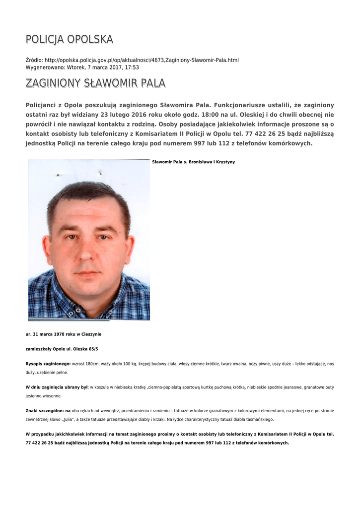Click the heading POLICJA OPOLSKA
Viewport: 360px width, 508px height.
pyautogui.click(x=70, y=39)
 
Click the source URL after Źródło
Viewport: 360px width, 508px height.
pyautogui.click(x=142, y=60)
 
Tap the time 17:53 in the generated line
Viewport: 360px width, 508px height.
pyautogui.click(x=132, y=67)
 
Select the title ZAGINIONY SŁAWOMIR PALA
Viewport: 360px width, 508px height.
pyautogui.click(x=95, y=83)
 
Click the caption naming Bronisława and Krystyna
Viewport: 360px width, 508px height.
pyautogui.click(x=193, y=162)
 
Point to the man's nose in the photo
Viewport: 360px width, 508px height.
pyautogui.click(x=88, y=251)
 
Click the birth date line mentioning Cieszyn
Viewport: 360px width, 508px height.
pyautogui.click(x=64, y=334)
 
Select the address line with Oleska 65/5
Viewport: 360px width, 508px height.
pyautogui.click(x=62, y=349)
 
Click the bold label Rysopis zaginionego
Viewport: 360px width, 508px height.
pyautogui.click(x=48, y=364)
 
